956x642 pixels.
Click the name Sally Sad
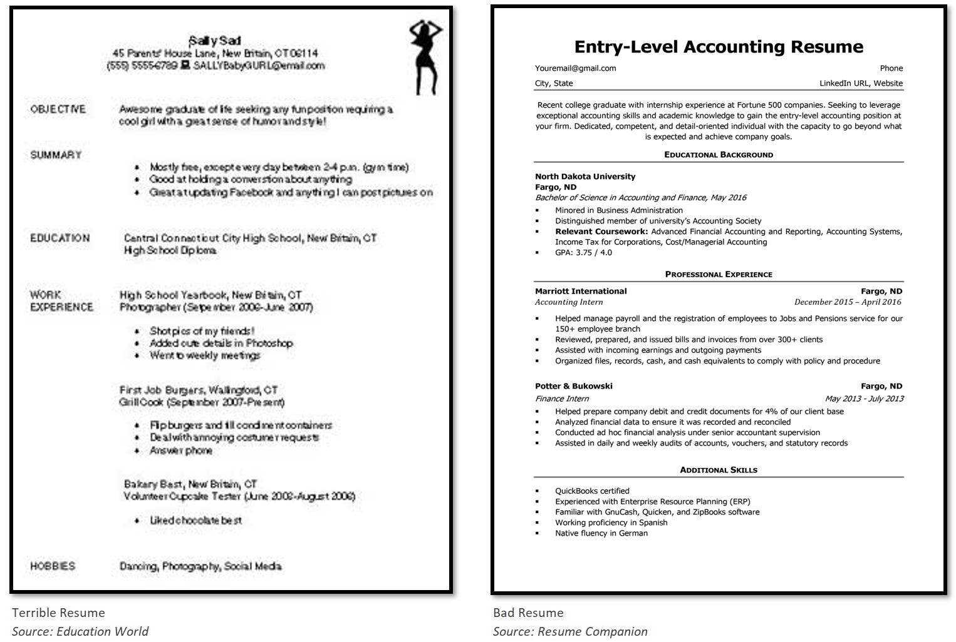click(215, 41)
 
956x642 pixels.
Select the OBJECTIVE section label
click(58, 110)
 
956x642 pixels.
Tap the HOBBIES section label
click(53, 566)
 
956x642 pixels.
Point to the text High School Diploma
click(170, 250)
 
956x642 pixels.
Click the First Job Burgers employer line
click(198, 390)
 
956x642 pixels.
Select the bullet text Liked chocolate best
click(195, 521)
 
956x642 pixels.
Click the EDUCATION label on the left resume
click(60, 238)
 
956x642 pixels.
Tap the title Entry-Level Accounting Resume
click(719, 47)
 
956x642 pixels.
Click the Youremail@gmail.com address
click(575, 68)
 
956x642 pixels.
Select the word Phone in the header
click(891, 68)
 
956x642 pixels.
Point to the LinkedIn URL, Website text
click(861, 83)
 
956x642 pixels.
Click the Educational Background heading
click(719, 155)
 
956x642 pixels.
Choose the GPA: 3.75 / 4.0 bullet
click(583, 253)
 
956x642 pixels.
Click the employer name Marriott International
click(581, 291)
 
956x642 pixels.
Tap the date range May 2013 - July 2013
click(864, 399)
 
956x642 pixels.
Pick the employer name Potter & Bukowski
click(573, 386)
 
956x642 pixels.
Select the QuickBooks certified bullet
click(592, 491)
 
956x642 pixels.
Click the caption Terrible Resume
click(58, 613)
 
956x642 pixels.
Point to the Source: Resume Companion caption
click(570, 631)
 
